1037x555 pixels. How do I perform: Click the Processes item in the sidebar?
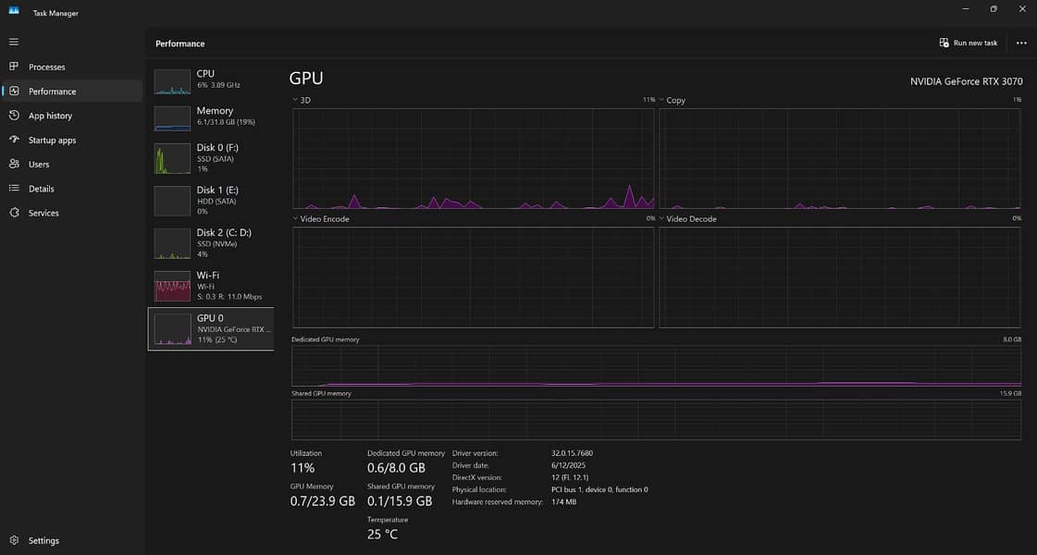pos(46,67)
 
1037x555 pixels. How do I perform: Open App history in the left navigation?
pos(50,116)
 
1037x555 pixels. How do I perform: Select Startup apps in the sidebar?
pos(52,140)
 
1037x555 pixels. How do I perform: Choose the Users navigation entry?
pos(39,164)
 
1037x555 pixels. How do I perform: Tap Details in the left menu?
pos(41,189)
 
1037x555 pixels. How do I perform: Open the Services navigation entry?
pos(43,213)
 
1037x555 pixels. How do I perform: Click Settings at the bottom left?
pos(43,540)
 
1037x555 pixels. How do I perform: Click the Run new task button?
pos(969,43)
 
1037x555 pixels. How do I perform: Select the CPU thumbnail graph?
pos(172,81)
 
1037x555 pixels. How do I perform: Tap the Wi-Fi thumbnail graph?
pos(172,287)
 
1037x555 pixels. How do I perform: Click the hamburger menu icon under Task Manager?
pos(13,42)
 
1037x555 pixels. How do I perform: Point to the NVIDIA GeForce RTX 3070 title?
pos(966,81)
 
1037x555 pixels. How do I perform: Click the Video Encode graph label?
pos(325,219)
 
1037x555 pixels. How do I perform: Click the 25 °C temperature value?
pos(382,534)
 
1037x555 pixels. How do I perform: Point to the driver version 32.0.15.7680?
pos(572,453)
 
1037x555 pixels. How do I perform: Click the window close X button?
pos(1020,9)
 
